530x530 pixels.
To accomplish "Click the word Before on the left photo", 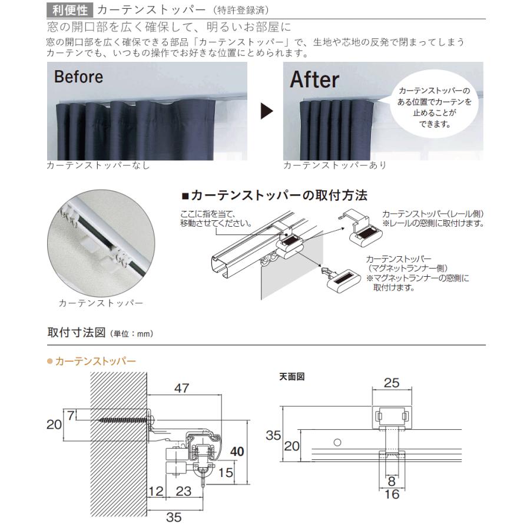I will point(78,77).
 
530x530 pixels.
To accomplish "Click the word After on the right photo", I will point(314,79).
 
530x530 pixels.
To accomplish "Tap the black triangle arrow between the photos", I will point(267,111).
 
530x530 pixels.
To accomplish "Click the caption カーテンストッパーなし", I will point(98,165).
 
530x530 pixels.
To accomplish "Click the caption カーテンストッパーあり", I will point(334,165).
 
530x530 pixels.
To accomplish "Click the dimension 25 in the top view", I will point(391,383).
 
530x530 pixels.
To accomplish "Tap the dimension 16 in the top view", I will point(391,494).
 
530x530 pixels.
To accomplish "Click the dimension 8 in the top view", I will point(391,481).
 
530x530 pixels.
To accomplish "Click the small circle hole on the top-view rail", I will point(337,441).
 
